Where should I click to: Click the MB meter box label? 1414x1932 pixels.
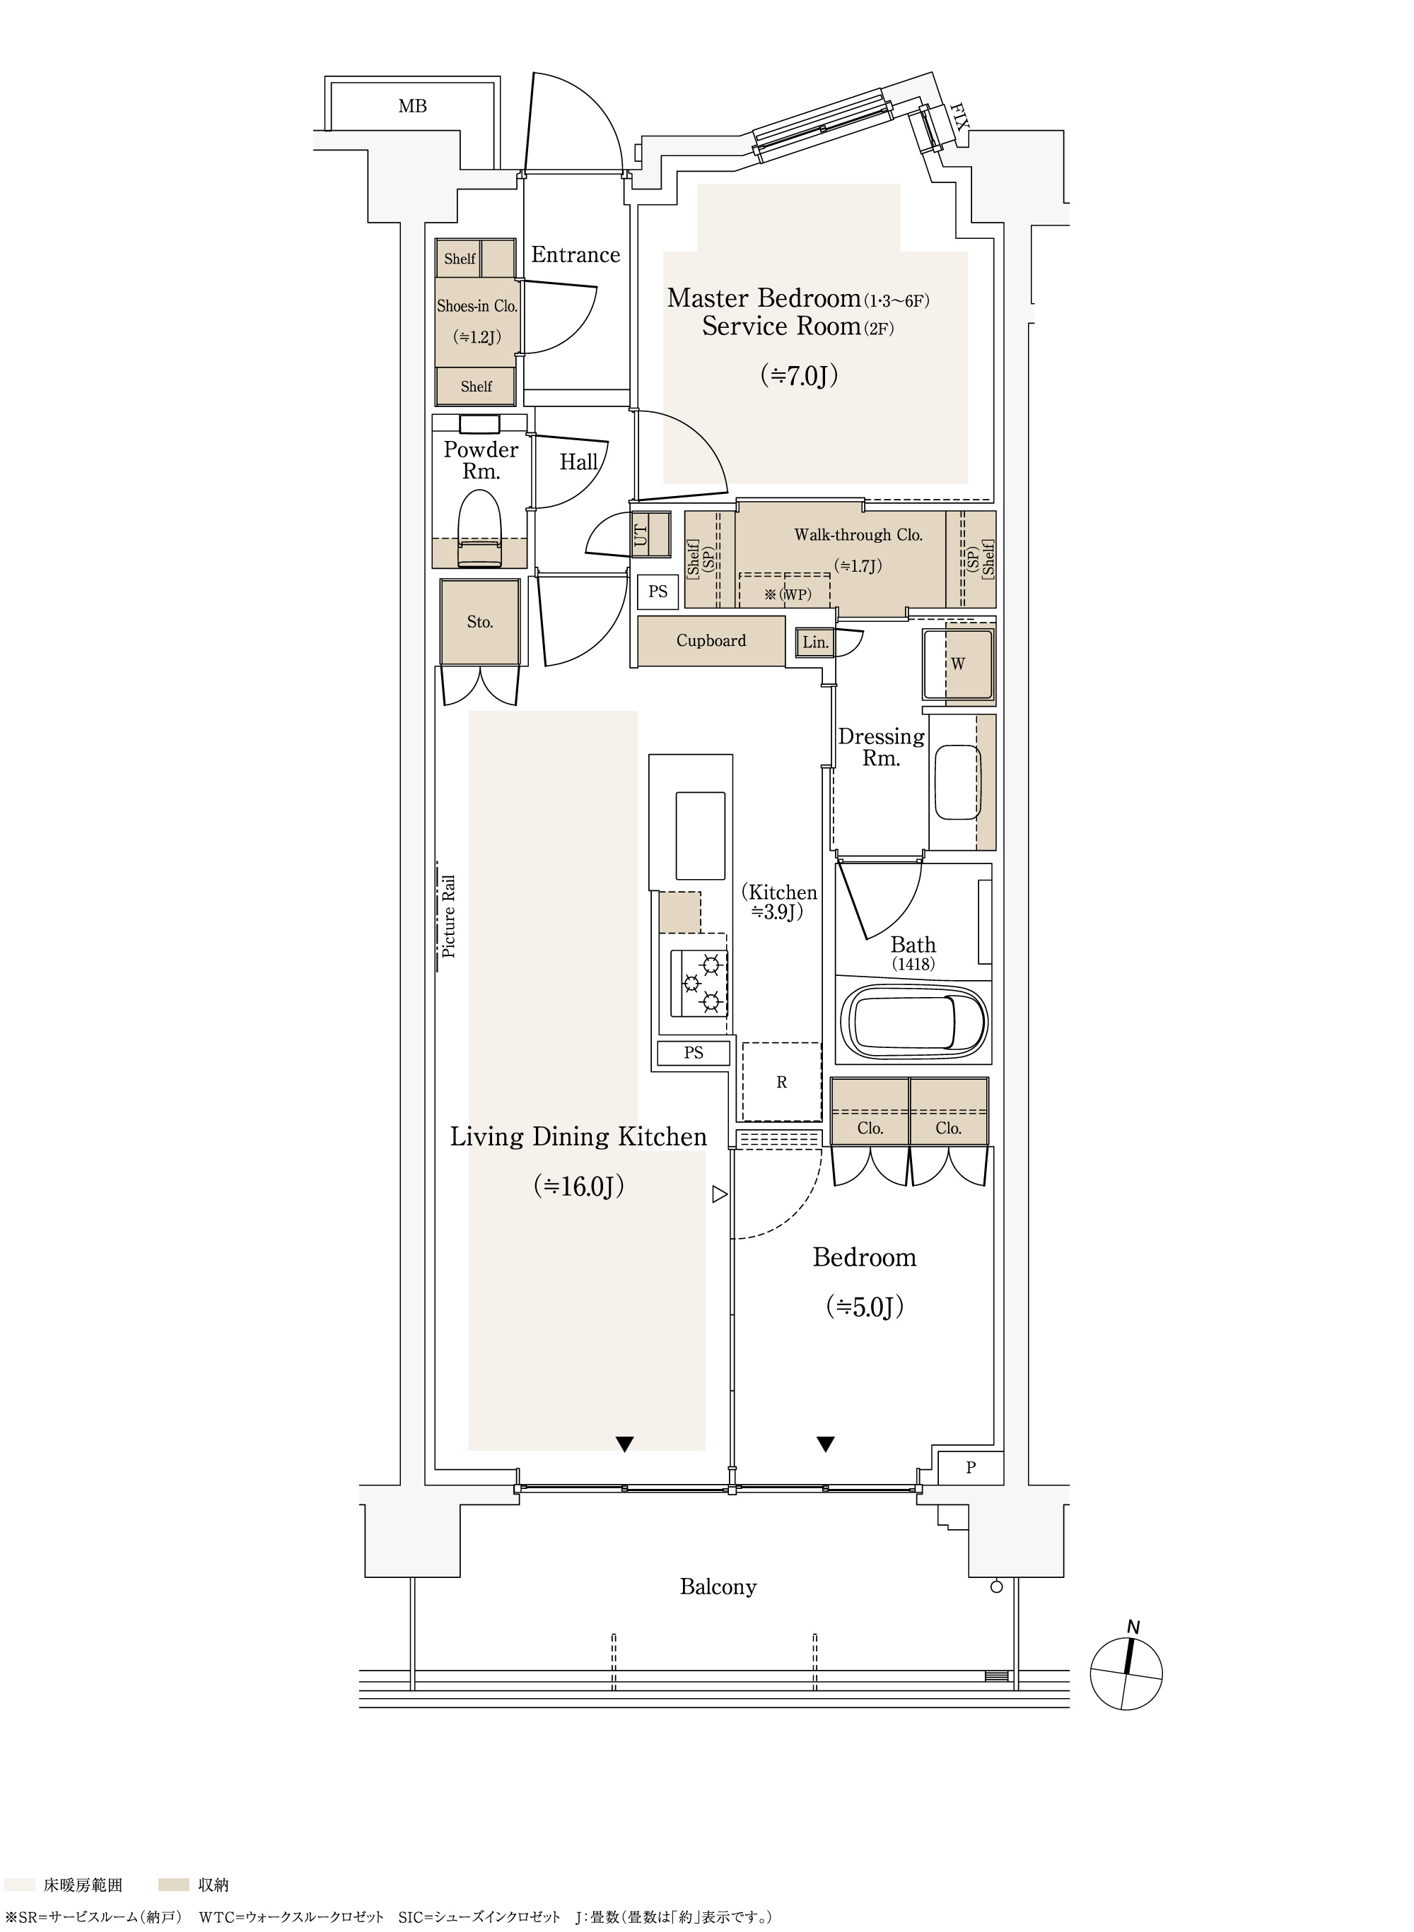[413, 106]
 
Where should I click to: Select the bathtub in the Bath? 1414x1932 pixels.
[914, 1023]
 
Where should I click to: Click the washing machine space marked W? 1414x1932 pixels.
[958, 664]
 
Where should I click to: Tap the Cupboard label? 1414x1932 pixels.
[711, 641]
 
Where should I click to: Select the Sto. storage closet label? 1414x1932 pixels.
[479, 622]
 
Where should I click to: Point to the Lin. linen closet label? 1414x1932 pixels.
[815, 642]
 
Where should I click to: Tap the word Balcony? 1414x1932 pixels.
[718, 1587]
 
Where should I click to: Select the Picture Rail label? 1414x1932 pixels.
[448, 916]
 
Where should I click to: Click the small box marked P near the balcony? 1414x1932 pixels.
[971, 1468]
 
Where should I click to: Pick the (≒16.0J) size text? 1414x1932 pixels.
[578, 1186]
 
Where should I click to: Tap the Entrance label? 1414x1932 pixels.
[575, 254]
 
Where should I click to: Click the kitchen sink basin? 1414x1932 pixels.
[700, 835]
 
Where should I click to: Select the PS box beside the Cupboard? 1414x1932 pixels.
[658, 591]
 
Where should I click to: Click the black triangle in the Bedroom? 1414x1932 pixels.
[825, 1444]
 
